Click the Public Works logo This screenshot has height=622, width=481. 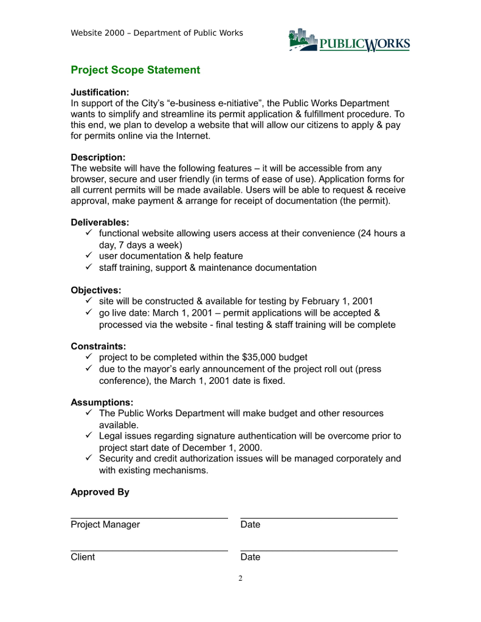[x=349, y=41]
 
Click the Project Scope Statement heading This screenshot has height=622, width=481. [x=135, y=70]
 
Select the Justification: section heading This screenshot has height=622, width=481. [x=100, y=92]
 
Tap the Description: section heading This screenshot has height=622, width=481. [x=98, y=157]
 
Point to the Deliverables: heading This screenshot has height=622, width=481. [x=100, y=222]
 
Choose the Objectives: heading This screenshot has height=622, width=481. [x=96, y=290]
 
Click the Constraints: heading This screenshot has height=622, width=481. [x=99, y=346]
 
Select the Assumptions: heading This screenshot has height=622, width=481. [x=102, y=402]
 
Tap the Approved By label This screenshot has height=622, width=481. [x=100, y=492]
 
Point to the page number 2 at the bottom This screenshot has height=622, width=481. [x=240, y=578]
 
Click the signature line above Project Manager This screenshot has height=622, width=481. [x=149, y=518]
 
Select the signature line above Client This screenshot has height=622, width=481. [x=149, y=550]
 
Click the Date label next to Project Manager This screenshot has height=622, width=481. [x=250, y=525]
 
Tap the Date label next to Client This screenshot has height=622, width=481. [x=250, y=557]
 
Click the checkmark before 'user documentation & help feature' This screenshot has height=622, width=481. [x=88, y=256]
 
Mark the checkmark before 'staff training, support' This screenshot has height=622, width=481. [x=88, y=267]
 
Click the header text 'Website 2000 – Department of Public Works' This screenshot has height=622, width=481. [x=157, y=33]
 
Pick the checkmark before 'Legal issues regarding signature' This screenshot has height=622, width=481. [x=88, y=436]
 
